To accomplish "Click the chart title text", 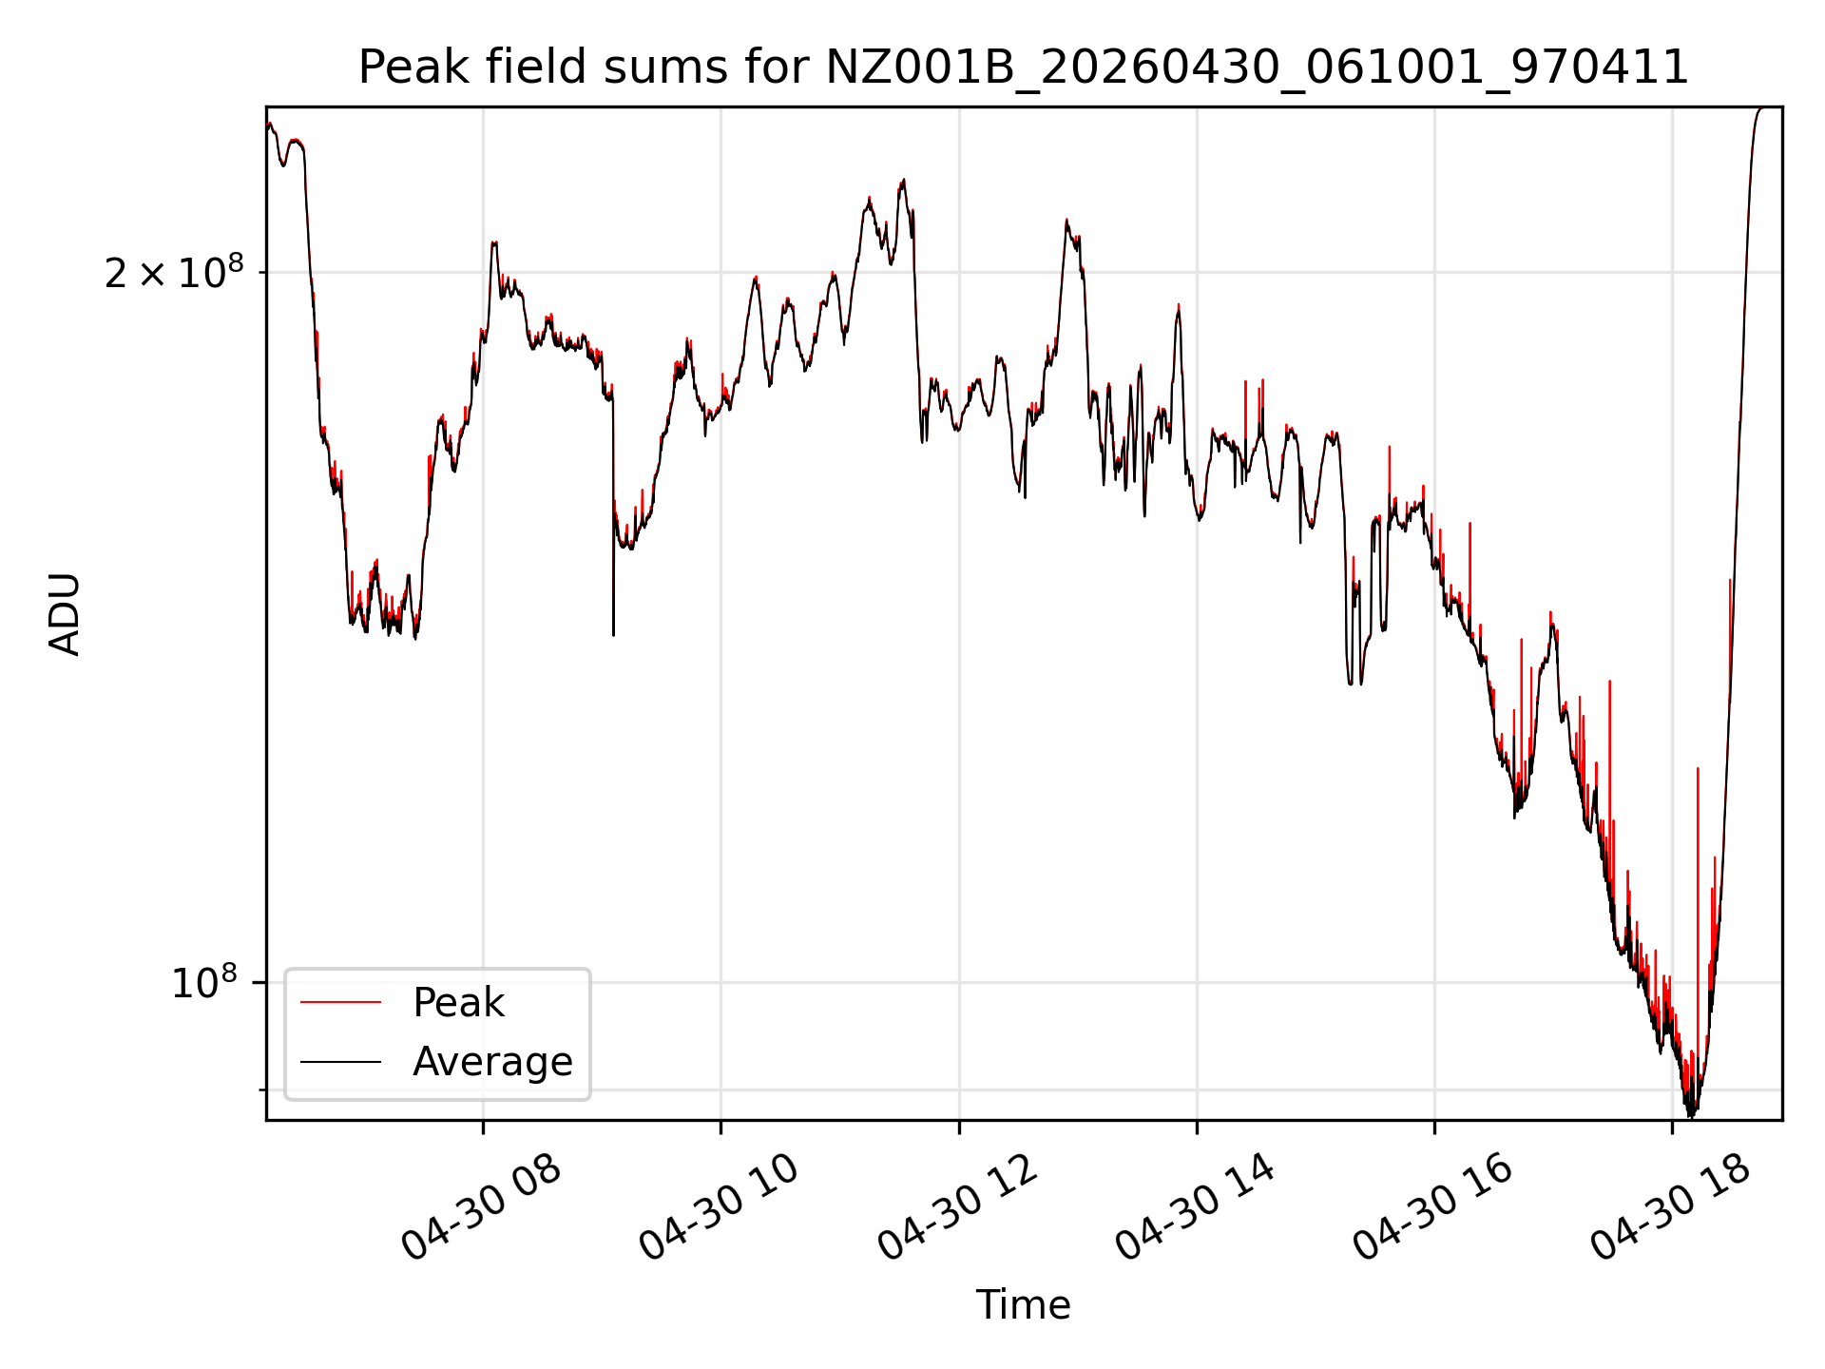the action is click(1023, 67).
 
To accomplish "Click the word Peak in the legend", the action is click(458, 1003).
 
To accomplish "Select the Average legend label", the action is click(492, 1062).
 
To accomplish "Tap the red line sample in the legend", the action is click(340, 1003).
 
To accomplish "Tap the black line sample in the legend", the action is click(340, 1062).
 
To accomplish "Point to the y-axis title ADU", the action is click(65, 613).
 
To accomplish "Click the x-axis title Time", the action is click(1023, 1305).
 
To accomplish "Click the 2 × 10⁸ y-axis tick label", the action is click(174, 273).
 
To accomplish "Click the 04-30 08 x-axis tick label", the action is click(482, 1208).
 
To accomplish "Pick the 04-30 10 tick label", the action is click(720, 1208).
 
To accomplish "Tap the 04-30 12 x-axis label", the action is click(958, 1208).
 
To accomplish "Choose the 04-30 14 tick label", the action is click(1196, 1208).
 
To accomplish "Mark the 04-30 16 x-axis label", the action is click(1433, 1208).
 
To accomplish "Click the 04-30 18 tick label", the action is click(1671, 1208).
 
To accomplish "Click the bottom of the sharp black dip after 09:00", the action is click(613, 635).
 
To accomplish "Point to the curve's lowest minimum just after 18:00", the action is click(1690, 1116).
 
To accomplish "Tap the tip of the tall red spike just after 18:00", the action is click(1698, 768).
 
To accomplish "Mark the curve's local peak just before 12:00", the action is click(903, 180).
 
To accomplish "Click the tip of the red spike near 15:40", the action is click(1390, 446).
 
